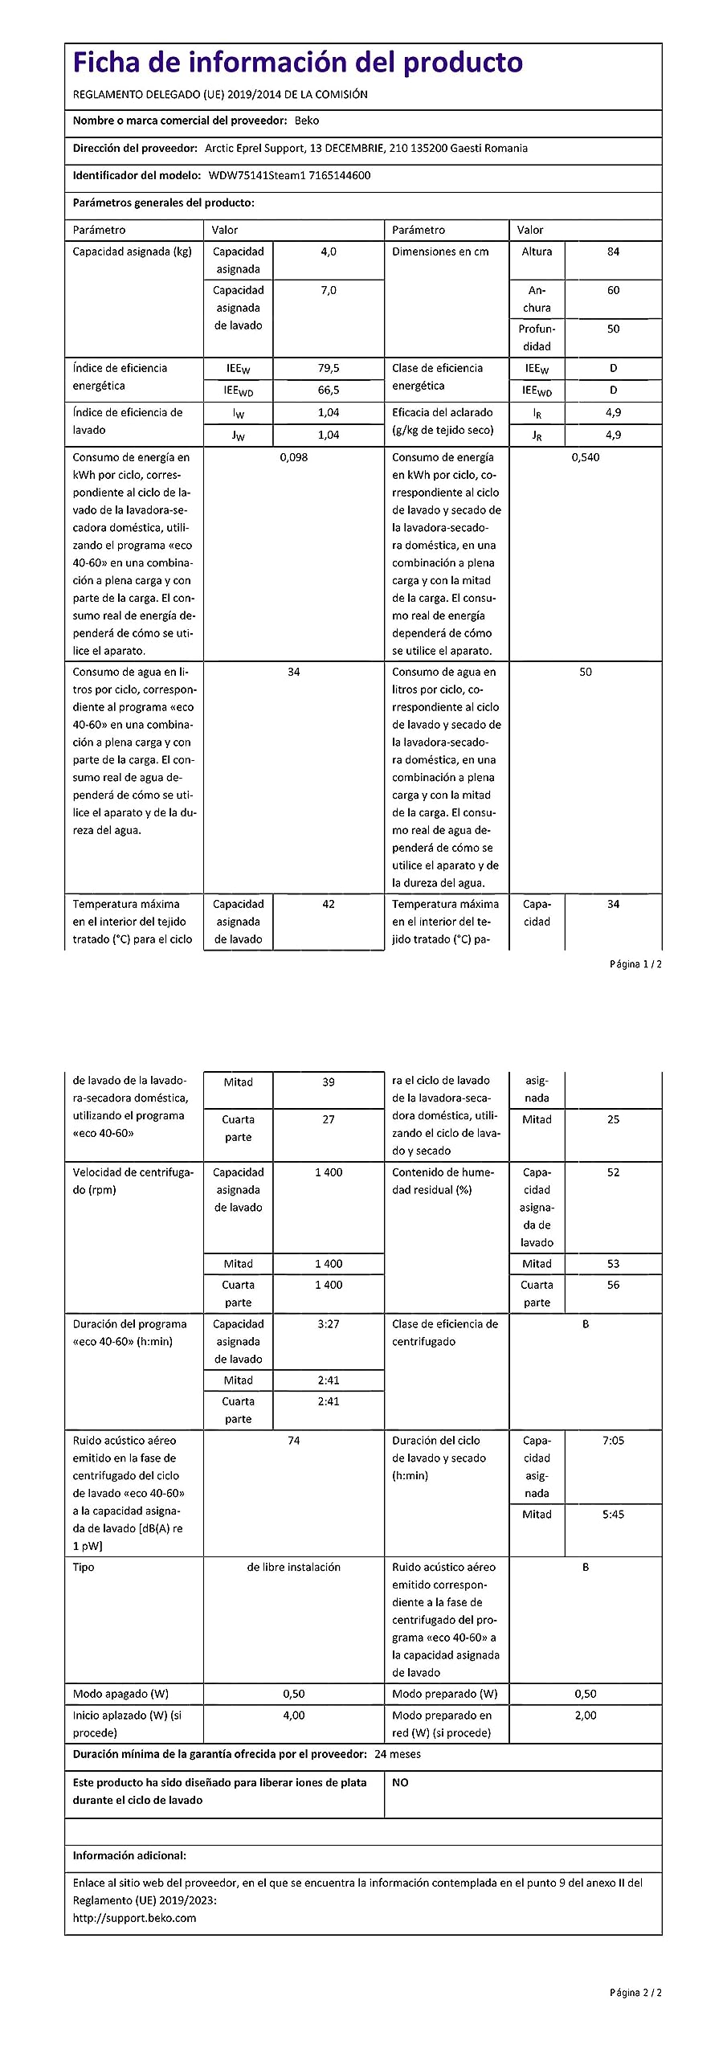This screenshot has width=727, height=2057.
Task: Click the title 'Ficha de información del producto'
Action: [297, 62]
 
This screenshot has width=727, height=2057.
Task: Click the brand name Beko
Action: [307, 121]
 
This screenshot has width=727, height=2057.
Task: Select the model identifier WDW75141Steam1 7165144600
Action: [289, 175]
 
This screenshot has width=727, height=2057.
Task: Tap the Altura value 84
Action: [613, 252]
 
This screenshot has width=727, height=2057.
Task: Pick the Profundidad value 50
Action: [613, 329]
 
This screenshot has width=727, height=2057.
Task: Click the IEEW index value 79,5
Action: [329, 368]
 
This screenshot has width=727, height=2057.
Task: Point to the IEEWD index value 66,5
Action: [329, 390]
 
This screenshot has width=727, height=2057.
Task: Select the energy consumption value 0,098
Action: [293, 457]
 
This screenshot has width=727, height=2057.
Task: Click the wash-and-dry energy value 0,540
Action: [585, 457]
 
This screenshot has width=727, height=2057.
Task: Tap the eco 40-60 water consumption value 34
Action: [293, 672]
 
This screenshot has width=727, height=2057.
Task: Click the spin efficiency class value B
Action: [585, 1323]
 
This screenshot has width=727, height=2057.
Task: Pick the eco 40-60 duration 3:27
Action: [329, 1323]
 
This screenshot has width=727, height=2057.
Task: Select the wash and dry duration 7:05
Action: [613, 1441]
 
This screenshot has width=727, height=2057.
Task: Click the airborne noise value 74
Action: [293, 1441]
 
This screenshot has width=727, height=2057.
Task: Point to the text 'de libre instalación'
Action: [293, 1567]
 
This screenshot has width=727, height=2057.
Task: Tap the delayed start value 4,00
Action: [293, 1715]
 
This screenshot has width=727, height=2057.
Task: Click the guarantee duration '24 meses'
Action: [398, 1754]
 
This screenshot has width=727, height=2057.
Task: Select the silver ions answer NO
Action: [400, 1782]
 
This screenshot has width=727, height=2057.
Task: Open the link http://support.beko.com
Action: [134, 1918]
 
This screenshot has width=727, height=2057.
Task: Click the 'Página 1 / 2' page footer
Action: [635, 963]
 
